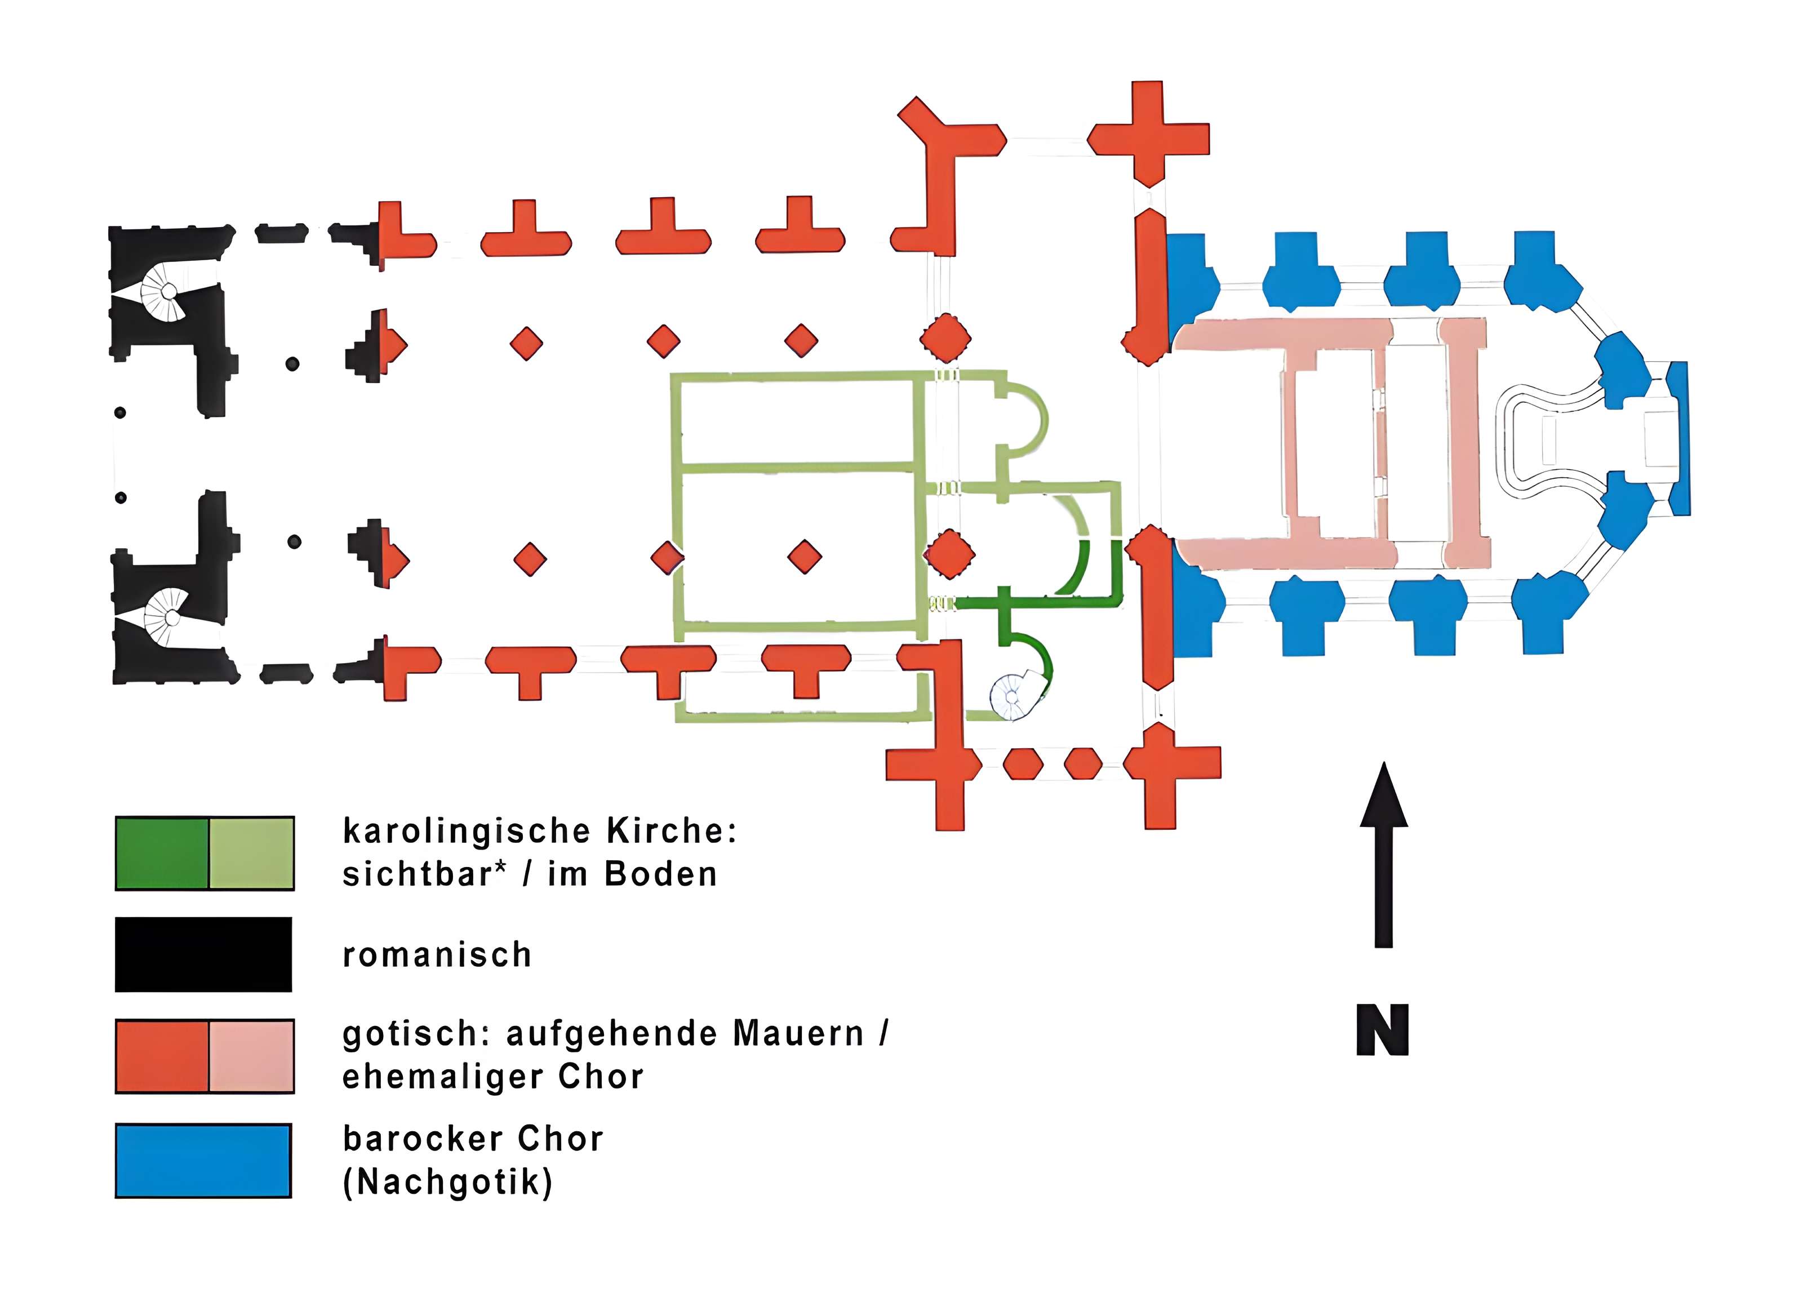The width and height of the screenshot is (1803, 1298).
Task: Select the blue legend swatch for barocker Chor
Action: [203, 1161]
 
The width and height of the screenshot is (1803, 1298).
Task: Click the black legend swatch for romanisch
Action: [203, 954]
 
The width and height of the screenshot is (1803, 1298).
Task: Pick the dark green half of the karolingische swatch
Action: [162, 853]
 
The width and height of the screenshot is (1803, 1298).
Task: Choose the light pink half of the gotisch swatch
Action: [251, 1056]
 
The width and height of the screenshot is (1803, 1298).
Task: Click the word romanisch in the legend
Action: [437, 954]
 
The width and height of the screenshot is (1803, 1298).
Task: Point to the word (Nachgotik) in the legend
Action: [447, 1182]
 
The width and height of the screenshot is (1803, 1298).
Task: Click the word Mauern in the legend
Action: [798, 1034]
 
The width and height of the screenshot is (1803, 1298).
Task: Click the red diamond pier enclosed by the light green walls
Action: [805, 557]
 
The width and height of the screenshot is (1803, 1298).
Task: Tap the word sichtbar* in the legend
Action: [424, 874]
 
